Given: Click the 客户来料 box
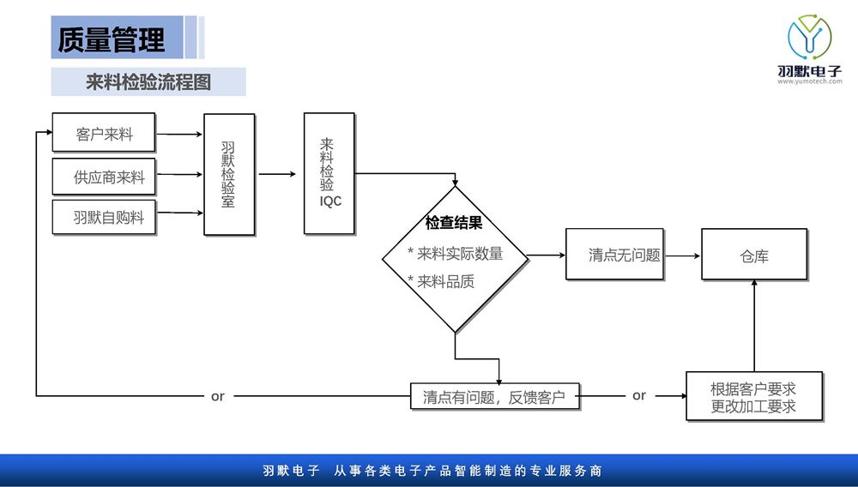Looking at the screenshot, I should click(104, 134).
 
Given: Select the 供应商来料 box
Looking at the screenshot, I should click(104, 177).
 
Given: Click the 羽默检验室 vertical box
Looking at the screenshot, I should click(229, 174).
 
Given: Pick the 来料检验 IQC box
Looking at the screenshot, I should click(329, 173).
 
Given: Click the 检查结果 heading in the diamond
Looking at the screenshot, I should click(454, 223).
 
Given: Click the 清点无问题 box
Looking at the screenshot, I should click(615, 255).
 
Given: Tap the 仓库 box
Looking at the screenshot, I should click(754, 255).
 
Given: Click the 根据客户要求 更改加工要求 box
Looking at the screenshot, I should click(754, 396).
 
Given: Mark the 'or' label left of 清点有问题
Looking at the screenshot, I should click(218, 396).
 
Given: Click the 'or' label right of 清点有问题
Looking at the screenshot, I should click(639, 395).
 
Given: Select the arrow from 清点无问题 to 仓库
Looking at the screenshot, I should click(683, 255).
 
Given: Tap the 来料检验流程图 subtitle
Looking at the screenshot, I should click(148, 82).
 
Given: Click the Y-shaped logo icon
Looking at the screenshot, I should click(810, 37).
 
